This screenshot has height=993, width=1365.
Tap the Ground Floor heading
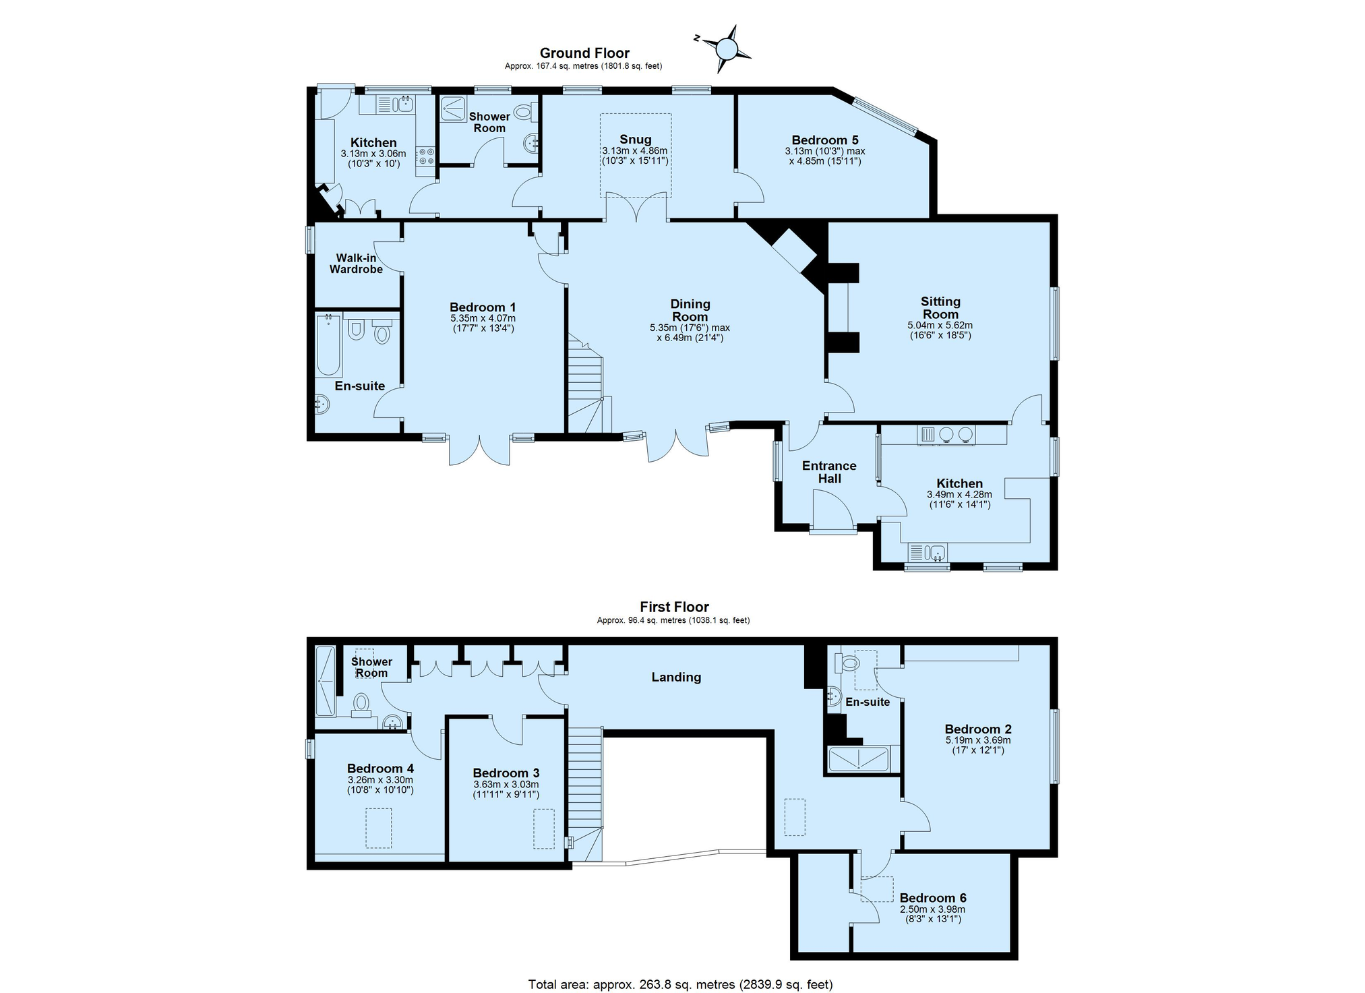point(584,53)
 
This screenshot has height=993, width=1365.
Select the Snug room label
point(634,140)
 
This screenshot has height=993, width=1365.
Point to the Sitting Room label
point(940,308)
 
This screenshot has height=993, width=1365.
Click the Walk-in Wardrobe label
point(356,264)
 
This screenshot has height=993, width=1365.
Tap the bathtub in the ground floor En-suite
point(328,344)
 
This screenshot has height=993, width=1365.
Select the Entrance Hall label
point(829,472)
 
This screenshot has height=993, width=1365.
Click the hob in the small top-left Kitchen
point(426,156)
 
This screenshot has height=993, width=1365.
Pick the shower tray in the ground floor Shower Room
point(453,110)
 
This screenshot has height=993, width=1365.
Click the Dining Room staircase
point(584,384)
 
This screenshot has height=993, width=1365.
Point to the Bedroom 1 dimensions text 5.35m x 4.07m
point(483,318)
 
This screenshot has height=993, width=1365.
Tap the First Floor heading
point(674,607)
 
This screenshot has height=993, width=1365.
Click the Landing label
point(676,678)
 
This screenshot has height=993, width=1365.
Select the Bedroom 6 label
point(932,898)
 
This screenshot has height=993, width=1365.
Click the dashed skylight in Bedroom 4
point(378,828)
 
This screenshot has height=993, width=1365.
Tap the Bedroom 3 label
point(506,773)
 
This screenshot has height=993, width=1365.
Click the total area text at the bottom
point(680,984)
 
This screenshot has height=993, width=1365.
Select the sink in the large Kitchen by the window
point(928,553)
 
